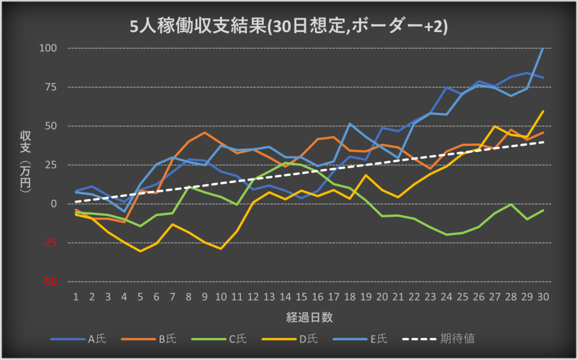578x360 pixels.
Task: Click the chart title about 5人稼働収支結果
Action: [x=288, y=26]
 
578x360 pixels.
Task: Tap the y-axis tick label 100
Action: [x=49, y=48]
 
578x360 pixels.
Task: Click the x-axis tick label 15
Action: [x=301, y=296]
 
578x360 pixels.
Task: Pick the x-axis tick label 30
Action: [x=543, y=296]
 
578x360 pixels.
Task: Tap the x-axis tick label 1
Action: [x=76, y=296]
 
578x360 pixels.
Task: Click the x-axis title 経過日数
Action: [x=309, y=317]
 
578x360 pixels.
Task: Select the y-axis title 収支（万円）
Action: [x=25, y=164]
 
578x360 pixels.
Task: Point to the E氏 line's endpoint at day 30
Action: [x=543, y=48]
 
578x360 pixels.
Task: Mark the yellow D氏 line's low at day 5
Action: [x=140, y=251]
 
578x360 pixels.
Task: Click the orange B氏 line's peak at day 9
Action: [x=204, y=133]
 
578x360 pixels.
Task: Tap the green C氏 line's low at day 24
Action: [x=446, y=234]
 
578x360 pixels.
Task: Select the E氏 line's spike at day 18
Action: [x=349, y=124]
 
